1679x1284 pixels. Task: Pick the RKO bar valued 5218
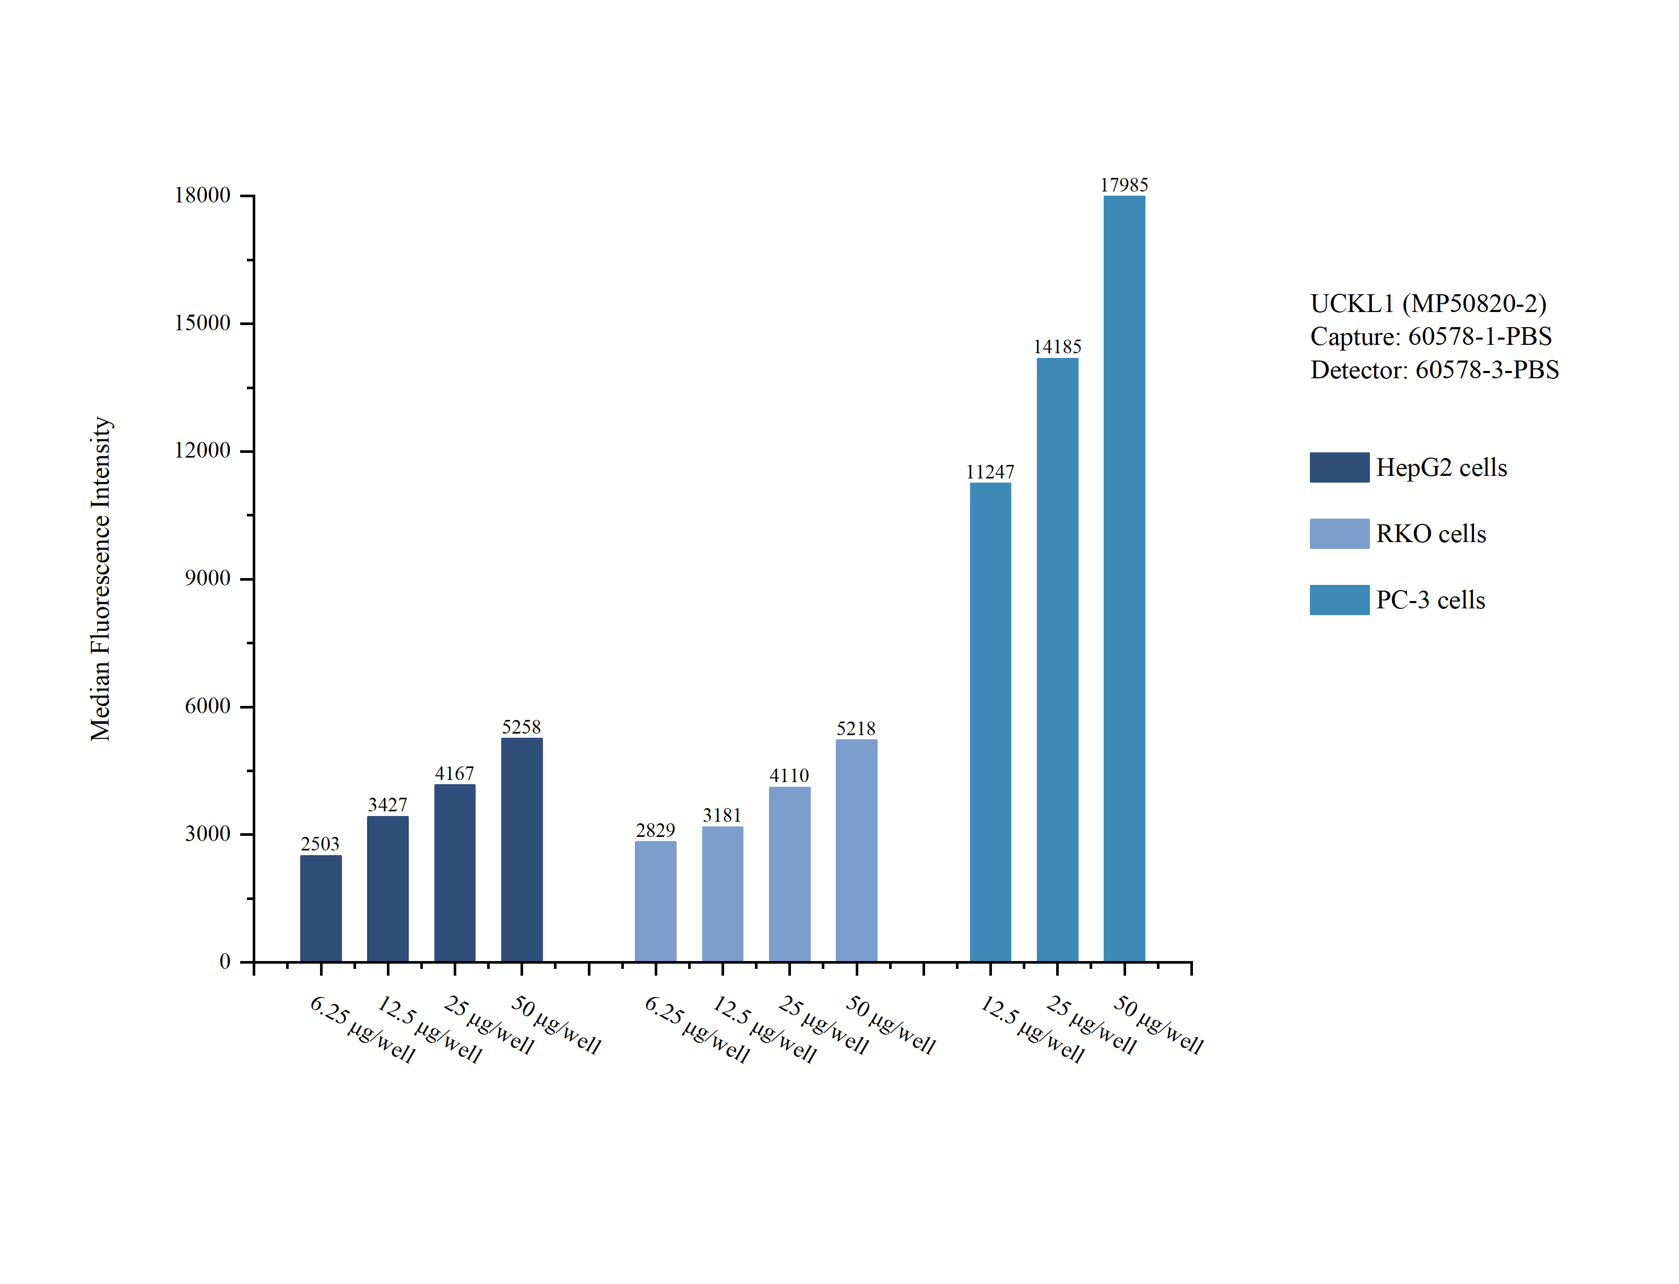point(856,850)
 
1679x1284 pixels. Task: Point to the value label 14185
point(1057,347)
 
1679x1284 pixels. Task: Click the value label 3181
point(722,815)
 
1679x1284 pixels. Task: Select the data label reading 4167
point(454,773)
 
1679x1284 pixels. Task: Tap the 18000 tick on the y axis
point(203,196)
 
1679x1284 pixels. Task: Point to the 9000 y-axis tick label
point(207,579)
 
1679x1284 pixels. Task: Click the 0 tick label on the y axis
point(225,962)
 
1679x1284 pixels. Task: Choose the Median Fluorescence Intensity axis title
point(101,579)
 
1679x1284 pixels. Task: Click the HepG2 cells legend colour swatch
point(1339,467)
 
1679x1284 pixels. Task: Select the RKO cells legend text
point(1430,533)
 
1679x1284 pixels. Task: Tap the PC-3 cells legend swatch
point(1339,600)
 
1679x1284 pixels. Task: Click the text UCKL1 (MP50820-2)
point(1427,304)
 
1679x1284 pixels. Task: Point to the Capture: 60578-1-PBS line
point(1430,337)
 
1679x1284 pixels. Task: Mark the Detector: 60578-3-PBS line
point(1434,370)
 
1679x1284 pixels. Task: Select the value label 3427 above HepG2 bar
point(387,805)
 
